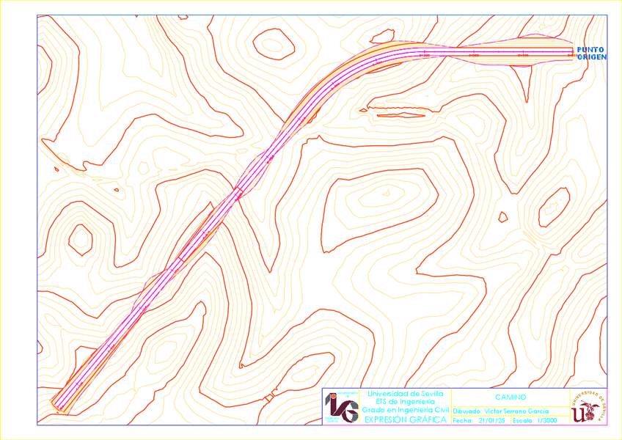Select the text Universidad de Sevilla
click(x=400, y=394)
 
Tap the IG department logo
click(x=342, y=406)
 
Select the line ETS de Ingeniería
click(x=400, y=402)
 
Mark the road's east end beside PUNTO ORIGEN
click(x=571, y=51)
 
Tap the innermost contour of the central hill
click(x=381, y=196)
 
